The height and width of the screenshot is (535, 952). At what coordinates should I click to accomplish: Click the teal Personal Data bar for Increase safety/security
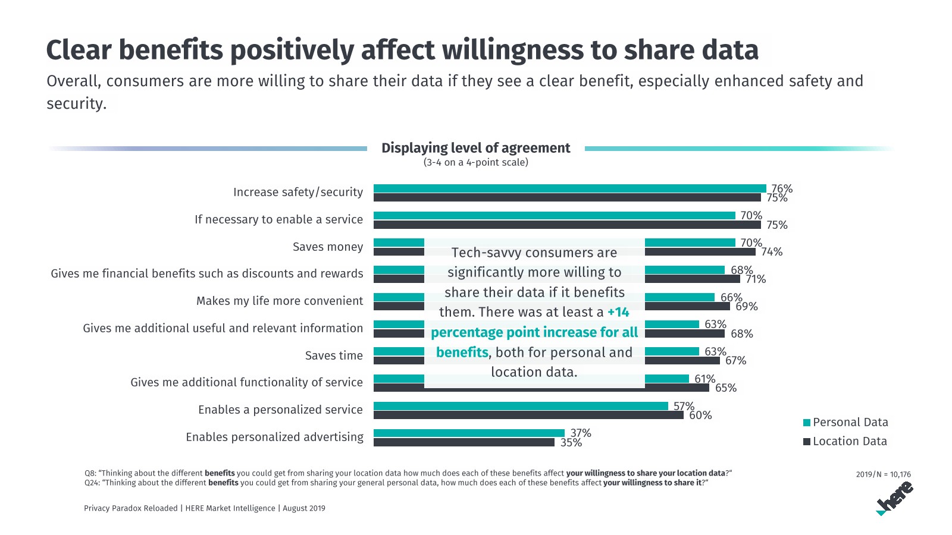(569, 188)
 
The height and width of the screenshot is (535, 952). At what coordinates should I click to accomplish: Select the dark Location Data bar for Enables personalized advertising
(464, 442)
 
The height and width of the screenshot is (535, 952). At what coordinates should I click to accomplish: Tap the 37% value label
(581, 433)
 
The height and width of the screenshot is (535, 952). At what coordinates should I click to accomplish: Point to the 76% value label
(782, 188)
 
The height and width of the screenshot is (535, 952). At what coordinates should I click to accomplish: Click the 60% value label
(700, 416)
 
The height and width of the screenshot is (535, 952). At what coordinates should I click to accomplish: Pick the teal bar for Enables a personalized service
(521, 406)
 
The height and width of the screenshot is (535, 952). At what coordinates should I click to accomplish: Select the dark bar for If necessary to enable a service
(567, 225)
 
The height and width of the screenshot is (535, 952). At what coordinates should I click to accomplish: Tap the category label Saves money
(328, 247)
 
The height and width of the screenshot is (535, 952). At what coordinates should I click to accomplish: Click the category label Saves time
(334, 355)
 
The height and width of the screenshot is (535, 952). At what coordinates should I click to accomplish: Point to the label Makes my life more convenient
(280, 301)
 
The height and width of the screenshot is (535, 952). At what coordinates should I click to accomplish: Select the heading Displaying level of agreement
(475, 148)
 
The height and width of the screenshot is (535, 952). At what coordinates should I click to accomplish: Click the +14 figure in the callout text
(618, 312)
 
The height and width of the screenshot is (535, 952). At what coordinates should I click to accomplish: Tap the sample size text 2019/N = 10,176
(883, 474)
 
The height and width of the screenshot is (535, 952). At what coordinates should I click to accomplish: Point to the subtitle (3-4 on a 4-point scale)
(475, 162)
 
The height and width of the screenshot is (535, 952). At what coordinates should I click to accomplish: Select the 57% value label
(684, 406)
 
